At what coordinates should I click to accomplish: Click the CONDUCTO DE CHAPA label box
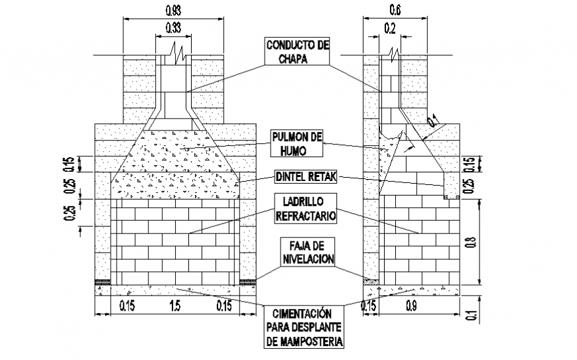[x=297, y=51]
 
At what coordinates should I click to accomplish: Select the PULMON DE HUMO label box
[x=297, y=143]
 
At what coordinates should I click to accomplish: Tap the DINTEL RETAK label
[x=306, y=176]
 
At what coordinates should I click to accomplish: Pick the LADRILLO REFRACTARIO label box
[x=305, y=208]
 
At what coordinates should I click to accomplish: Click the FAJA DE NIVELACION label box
[x=308, y=251]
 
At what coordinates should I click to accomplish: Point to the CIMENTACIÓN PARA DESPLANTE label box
[x=304, y=327]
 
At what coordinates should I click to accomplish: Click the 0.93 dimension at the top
[x=173, y=11]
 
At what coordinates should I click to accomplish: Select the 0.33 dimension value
[x=173, y=28]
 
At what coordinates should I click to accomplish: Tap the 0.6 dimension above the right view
[x=395, y=11]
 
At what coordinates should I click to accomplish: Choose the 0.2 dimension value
[x=390, y=29]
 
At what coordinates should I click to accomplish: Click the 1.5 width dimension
[x=175, y=306]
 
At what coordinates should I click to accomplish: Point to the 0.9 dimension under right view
[x=411, y=306]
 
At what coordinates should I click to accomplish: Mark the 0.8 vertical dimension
[x=472, y=243]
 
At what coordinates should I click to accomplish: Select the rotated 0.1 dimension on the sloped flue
[x=433, y=121]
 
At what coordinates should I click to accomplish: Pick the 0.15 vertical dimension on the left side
[x=70, y=164]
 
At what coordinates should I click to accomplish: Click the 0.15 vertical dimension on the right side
[x=472, y=164]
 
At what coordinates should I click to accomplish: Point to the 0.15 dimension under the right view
[x=369, y=306]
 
